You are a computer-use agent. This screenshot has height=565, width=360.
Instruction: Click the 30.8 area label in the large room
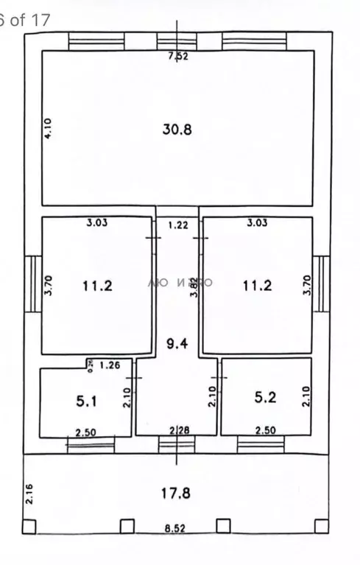point(177,130)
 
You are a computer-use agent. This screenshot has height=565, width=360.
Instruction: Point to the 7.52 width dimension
point(177,56)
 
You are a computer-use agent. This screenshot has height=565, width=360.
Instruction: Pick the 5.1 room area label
point(86,402)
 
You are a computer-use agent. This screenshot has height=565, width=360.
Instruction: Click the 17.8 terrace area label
point(177,493)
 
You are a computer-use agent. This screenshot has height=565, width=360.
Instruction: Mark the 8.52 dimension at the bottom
point(177,529)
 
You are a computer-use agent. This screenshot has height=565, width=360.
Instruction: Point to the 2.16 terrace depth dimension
point(29,492)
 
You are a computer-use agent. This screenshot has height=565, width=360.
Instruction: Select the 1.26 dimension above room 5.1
point(109,363)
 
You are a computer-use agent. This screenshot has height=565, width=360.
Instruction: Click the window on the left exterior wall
point(31,283)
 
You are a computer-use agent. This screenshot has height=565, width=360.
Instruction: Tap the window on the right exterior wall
point(321,283)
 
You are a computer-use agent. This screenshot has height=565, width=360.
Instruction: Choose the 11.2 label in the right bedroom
point(258,286)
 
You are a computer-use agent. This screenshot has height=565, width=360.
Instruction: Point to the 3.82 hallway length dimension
point(193,286)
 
